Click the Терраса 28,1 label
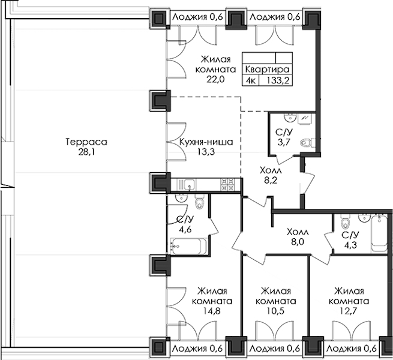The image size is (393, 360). click(86, 148)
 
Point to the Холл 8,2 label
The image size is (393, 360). click(270, 174)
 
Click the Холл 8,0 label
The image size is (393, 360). click(298, 237)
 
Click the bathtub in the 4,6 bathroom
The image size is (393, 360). click(189, 245)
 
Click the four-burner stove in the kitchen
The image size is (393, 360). click(228, 185)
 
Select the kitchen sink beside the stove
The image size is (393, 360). click(188, 185)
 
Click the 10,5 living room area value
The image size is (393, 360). click(275, 311)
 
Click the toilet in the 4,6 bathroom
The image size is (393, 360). click(201, 206)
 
